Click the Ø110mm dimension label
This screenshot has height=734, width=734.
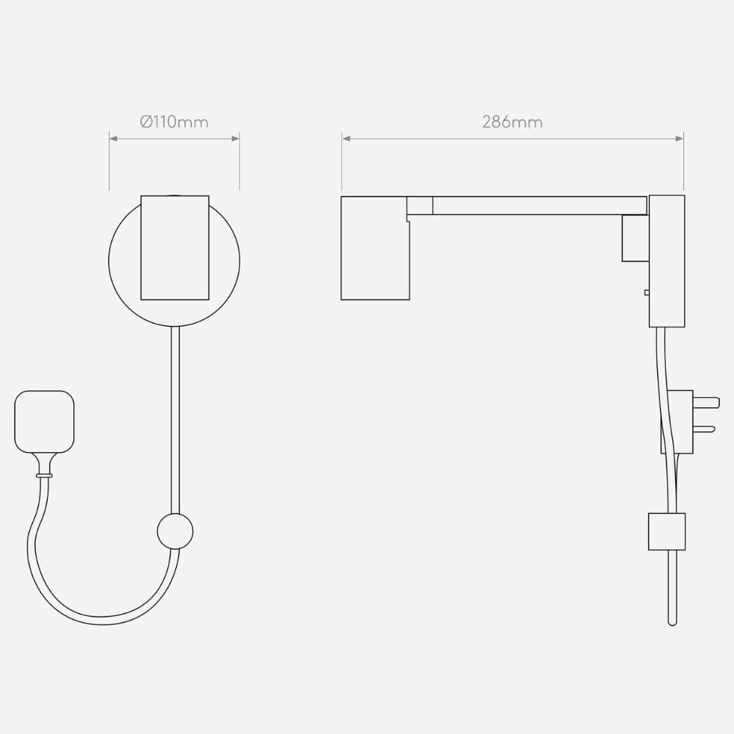(x=174, y=122)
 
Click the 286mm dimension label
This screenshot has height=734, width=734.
(x=512, y=122)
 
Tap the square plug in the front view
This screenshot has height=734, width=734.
(x=45, y=421)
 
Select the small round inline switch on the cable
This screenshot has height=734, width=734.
(x=175, y=531)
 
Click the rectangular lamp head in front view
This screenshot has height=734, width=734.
(x=175, y=247)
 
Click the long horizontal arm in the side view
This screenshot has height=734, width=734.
(x=539, y=206)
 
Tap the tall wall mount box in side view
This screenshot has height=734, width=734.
(x=666, y=261)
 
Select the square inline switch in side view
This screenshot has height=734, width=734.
(x=666, y=531)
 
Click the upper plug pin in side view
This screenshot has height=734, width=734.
(x=706, y=402)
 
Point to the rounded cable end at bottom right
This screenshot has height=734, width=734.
(x=672, y=621)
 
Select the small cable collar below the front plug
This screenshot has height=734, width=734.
(x=45, y=476)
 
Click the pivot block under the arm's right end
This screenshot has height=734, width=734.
(x=636, y=238)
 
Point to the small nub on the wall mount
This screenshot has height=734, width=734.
(x=647, y=292)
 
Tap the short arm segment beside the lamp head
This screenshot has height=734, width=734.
(x=420, y=206)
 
